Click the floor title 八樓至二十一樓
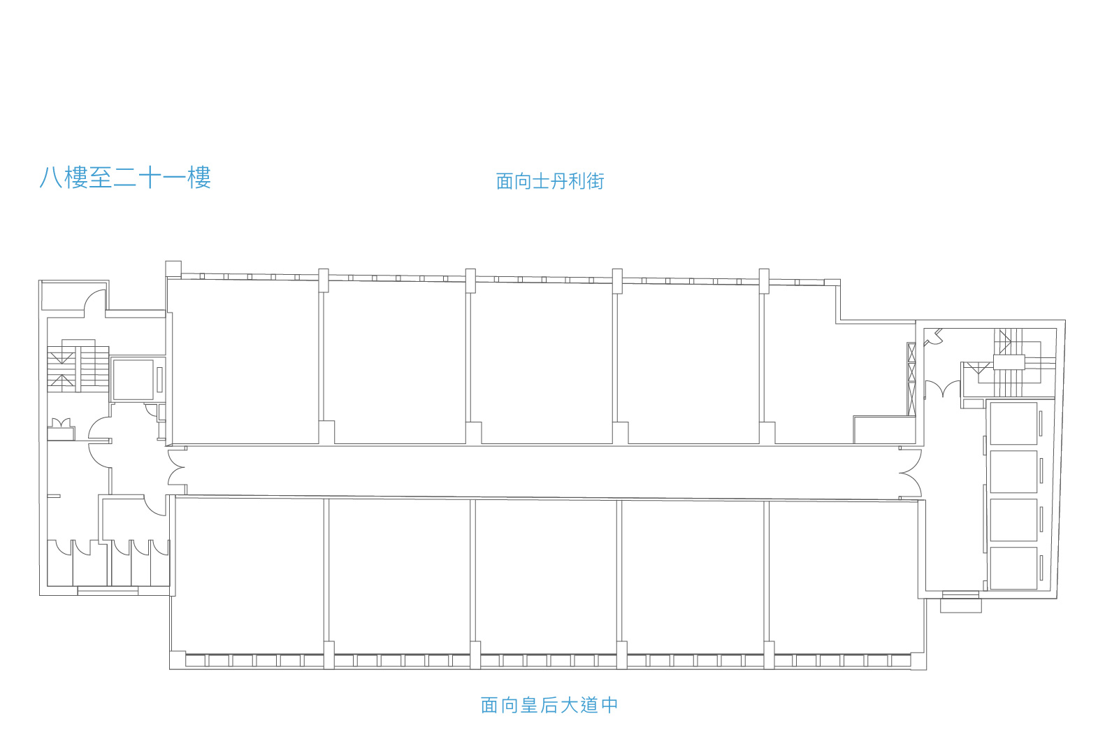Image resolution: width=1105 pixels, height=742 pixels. pos(125,178)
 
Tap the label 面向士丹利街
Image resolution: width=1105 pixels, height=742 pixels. pos(550,181)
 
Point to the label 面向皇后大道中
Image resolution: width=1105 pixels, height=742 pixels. pos(549,705)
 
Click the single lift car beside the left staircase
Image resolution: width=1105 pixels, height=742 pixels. pos(133,379)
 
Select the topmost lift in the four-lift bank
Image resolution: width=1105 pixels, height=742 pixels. pos(1013,424)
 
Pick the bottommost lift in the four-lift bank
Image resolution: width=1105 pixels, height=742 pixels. pos(1013,568)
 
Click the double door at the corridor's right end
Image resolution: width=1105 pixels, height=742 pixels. pos(910,473)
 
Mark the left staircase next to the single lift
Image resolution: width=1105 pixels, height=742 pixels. pos(78,366)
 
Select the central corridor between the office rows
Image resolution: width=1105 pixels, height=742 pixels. pos(542,471)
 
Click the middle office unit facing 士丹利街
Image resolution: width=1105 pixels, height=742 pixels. pos(541,363)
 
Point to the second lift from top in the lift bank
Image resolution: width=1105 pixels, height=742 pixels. pos(1013,471)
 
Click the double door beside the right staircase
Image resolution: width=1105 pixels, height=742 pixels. pos(942,389)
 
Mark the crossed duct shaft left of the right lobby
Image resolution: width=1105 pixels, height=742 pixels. pos(911,379)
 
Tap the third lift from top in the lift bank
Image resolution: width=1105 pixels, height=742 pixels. pos(1013,520)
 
